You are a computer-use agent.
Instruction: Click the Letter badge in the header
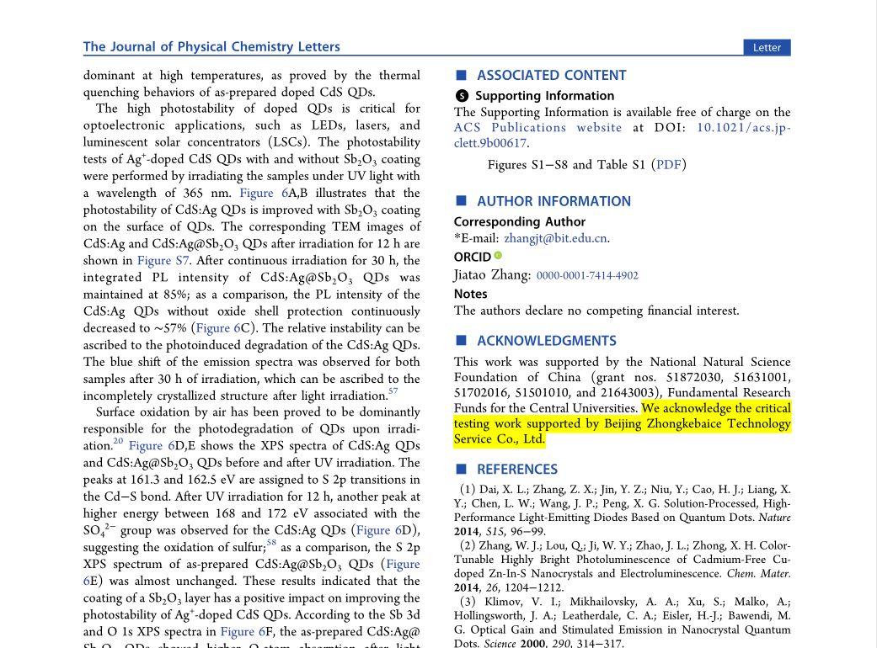click(x=767, y=47)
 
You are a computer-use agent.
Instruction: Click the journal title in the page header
click(x=211, y=47)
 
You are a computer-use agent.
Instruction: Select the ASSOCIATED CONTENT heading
click(x=551, y=76)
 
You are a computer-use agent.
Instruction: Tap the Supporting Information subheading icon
click(x=461, y=96)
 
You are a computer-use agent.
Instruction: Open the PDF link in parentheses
click(x=669, y=165)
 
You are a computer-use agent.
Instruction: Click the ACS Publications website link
click(x=537, y=128)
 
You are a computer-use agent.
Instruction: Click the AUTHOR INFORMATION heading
click(x=553, y=201)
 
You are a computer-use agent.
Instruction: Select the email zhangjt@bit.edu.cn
click(x=555, y=238)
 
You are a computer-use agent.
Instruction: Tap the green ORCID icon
click(x=498, y=256)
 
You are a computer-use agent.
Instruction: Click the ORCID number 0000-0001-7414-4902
click(x=587, y=275)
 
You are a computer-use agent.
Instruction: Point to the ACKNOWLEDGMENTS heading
click(x=546, y=341)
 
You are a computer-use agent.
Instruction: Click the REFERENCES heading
click(x=516, y=470)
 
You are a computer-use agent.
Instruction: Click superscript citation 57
click(x=393, y=391)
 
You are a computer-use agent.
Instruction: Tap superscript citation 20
click(x=117, y=442)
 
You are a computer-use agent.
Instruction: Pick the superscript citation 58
click(x=271, y=543)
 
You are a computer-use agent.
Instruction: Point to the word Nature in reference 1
click(x=774, y=518)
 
